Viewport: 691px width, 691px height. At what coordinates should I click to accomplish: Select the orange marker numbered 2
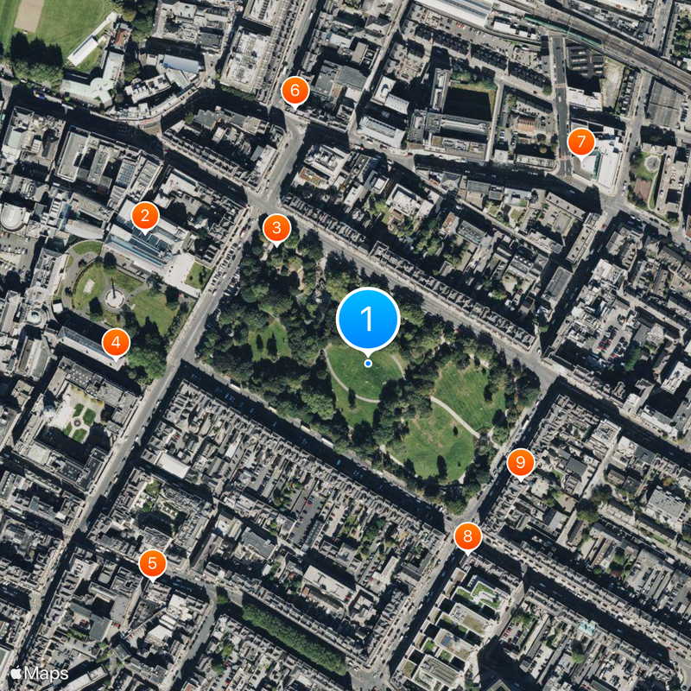click(144, 216)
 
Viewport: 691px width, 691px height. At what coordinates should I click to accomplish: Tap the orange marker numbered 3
click(276, 228)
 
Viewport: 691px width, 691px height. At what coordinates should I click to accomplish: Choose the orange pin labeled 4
click(116, 343)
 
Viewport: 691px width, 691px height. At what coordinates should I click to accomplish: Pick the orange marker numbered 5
click(152, 564)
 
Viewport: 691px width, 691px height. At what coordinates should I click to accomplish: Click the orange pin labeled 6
click(295, 89)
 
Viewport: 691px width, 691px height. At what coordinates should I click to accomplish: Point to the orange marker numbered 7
click(581, 141)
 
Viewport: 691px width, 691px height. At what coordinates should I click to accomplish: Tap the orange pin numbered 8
click(467, 536)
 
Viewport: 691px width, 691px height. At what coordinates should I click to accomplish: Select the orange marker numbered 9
click(520, 462)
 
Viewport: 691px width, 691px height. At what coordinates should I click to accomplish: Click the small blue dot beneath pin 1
click(368, 363)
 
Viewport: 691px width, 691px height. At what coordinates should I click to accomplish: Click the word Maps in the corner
click(47, 673)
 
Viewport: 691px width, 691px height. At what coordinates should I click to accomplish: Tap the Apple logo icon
click(16, 672)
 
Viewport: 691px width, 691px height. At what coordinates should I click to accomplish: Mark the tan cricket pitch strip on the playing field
click(29, 15)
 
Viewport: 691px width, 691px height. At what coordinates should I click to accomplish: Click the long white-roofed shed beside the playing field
click(83, 51)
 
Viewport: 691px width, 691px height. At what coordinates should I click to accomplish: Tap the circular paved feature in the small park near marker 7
click(650, 162)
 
